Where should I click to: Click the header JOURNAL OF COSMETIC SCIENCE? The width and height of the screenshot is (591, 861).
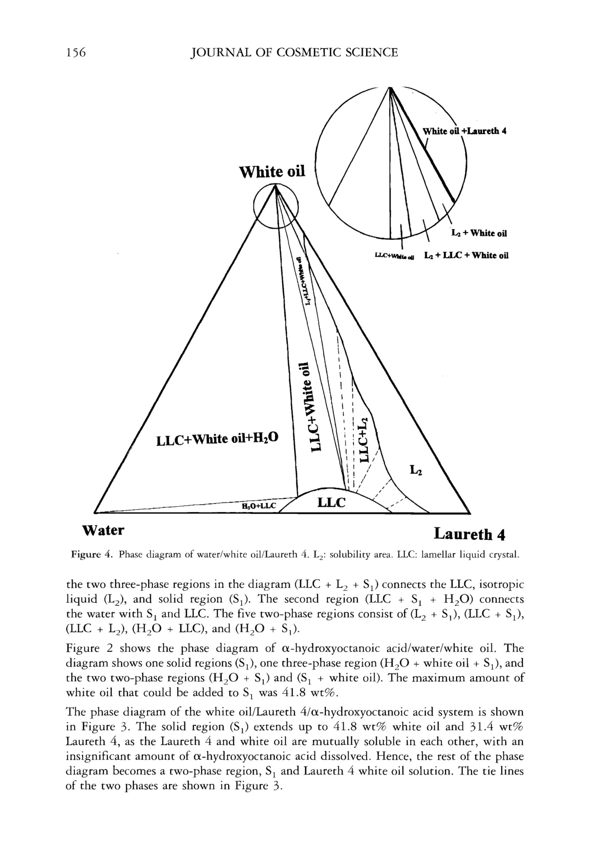[x=293, y=53]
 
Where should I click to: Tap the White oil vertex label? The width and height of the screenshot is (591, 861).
[x=272, y=172]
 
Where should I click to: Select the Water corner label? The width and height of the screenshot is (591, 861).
[x=103, y=530]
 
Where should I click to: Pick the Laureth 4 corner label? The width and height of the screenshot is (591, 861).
[x=469, y=534]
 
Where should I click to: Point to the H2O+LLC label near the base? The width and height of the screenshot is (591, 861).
[x=259, y=506]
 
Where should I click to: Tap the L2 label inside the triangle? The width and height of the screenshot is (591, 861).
[x=415, y=471]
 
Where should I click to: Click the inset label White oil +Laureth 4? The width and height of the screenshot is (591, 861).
[x=465, y=131]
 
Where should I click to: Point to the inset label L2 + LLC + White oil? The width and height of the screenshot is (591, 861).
[x=466, y=255]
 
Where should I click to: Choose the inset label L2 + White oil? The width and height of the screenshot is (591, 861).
[x=479, y=233]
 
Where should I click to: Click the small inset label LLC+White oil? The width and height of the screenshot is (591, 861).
[x=395, y=256]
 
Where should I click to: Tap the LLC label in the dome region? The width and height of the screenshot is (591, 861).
[x=331, y=502]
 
